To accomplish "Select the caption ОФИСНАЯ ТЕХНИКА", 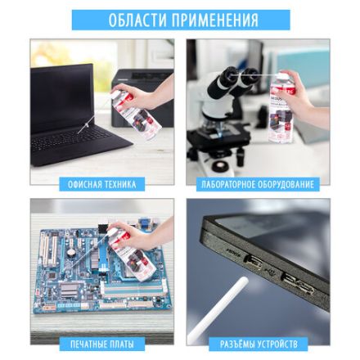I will [x=101, y=184].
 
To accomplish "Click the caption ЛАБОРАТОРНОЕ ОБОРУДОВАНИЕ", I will [x=258, y=184].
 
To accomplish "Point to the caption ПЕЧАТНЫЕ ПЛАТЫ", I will [x=101, y=344].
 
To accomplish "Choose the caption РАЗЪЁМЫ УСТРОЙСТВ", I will [x=258, y=344].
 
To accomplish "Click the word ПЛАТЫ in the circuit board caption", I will [x=122, y=344].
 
